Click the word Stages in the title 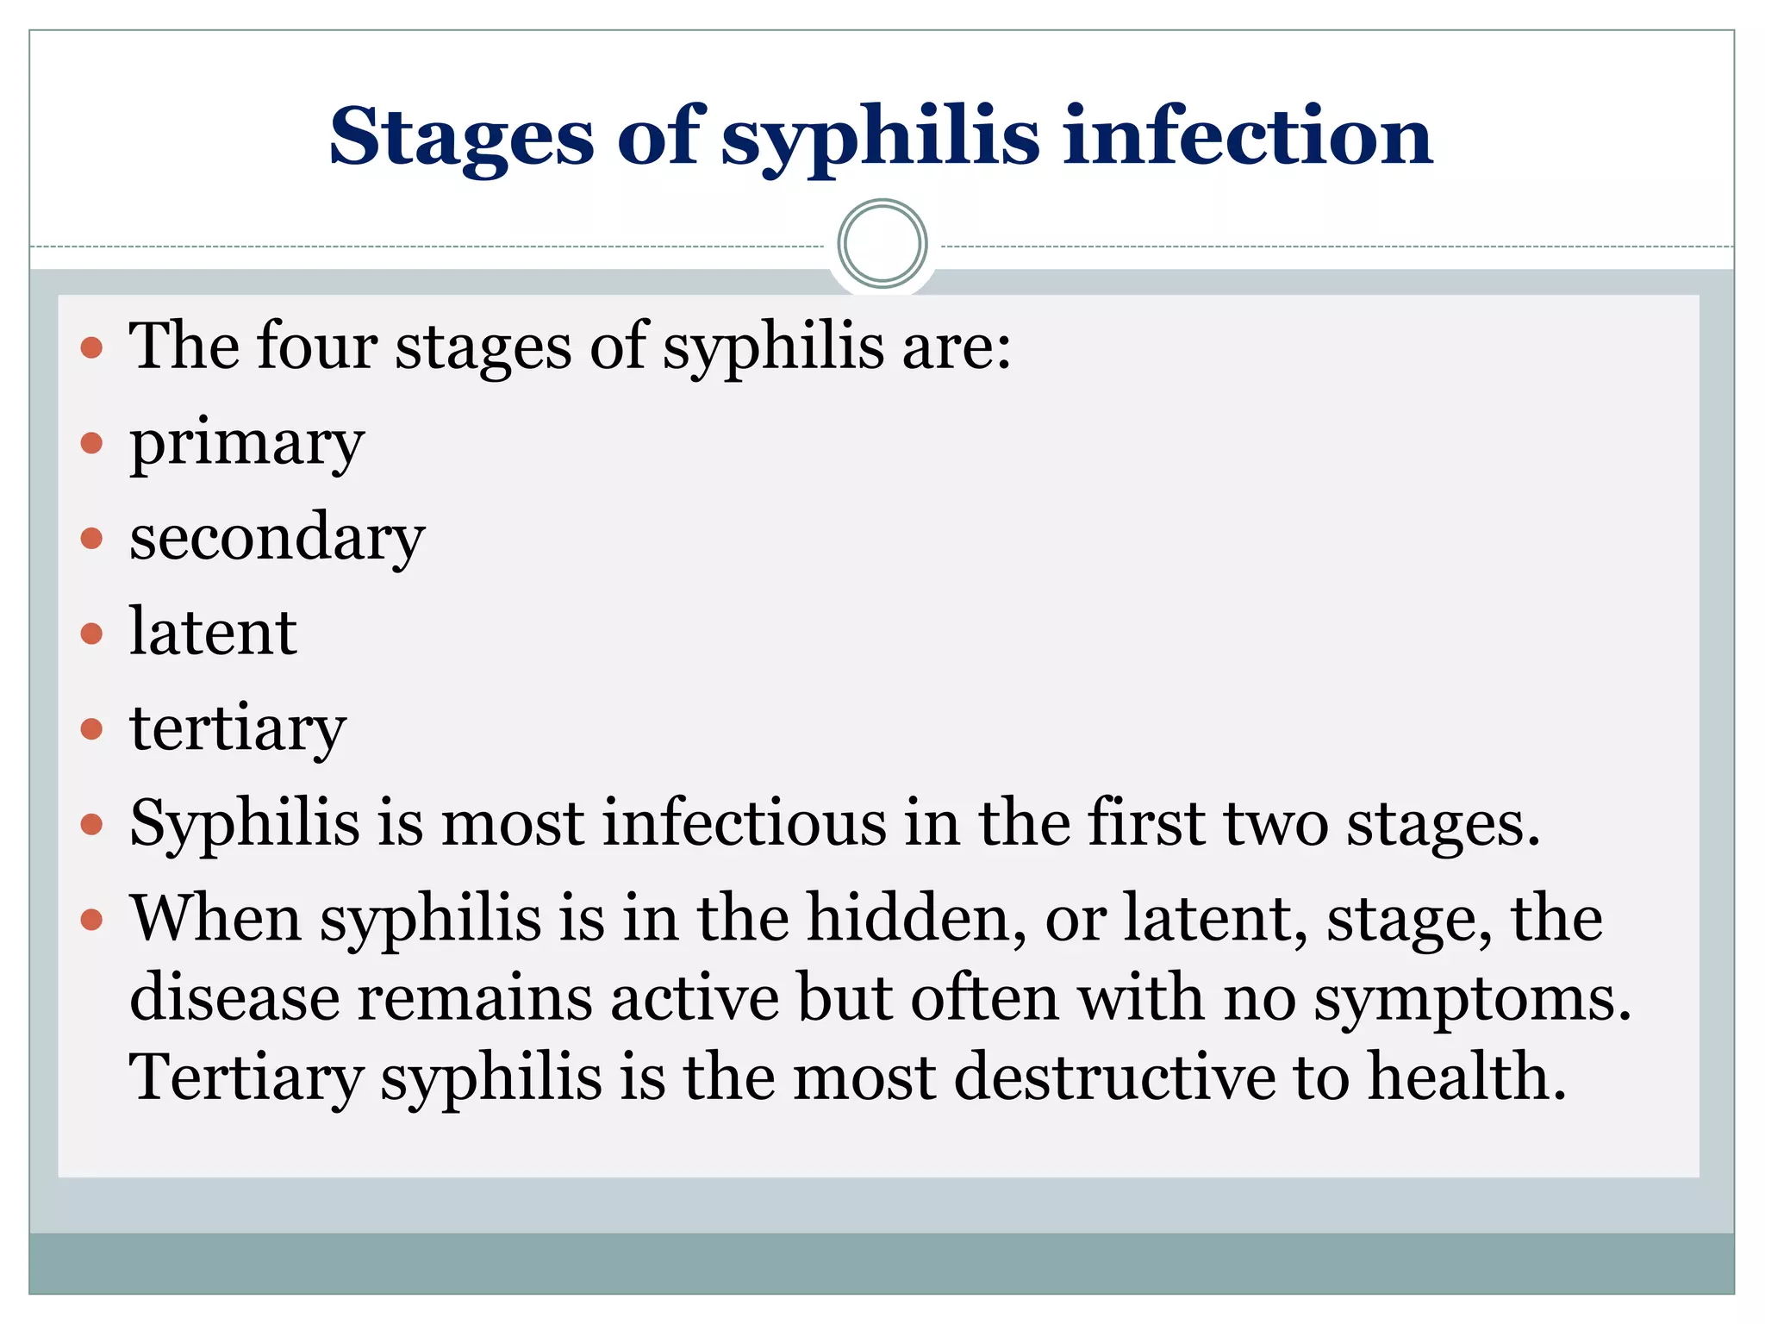(461, 138)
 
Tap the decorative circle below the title (882, 244)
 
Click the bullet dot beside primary (91, 444)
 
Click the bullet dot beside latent (91, 634)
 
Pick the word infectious (744, 823)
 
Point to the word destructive (1115, 1077)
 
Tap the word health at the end (1466, 1077)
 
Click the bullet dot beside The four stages (91, 349)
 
